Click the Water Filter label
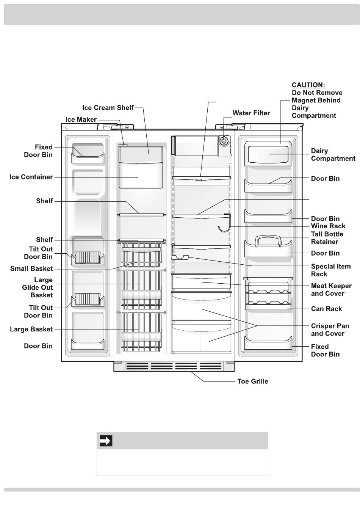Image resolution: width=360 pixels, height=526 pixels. pos(251,113)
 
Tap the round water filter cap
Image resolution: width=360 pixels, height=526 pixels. pos(224,141)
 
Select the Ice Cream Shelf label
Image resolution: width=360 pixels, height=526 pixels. pos(108,108)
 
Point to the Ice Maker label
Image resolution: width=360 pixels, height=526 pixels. pos(81,119)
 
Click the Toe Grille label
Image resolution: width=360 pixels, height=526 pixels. pos(252,381)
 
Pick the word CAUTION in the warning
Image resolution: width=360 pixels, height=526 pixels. pos(308,85)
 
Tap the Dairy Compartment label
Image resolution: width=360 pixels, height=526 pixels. pos(333,155)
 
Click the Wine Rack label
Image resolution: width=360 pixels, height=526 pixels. pos(328,226)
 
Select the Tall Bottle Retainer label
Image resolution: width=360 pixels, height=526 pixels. pos(327,238)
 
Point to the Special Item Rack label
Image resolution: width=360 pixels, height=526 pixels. pos(330,270)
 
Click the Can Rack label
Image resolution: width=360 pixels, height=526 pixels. pos(326,309)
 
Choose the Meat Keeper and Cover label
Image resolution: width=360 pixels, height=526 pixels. pos(331,289)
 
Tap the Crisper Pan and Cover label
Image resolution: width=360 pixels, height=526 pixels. pos(330,330)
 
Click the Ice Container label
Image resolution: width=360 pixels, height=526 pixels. pos(31,177)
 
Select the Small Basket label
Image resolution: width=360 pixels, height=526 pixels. pos(31,268)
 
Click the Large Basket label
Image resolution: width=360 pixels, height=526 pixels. pos(31,329)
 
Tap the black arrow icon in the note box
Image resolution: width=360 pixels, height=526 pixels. pos(106,441)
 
